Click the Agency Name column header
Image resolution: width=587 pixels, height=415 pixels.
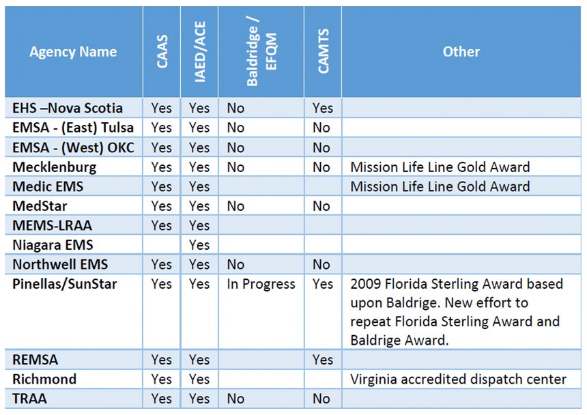click(73, 52)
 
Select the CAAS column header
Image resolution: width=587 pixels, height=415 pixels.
click(162, 52)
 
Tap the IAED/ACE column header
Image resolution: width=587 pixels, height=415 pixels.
click(199, 52)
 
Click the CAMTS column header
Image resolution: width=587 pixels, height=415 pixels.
click(323, 51)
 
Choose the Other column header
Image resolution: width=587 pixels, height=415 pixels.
click(461, 52)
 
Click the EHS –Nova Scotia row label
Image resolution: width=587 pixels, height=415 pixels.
click(68, 108)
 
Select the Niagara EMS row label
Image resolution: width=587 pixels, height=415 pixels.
click(53, 245)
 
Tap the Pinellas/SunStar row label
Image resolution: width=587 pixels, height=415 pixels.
click(65, 284)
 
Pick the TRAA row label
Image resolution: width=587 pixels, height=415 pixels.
click(29, 399)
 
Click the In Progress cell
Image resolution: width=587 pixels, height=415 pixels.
click(261, 284)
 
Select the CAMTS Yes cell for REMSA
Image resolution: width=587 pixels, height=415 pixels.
click(323, 360)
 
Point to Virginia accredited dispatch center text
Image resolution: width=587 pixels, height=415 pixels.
click(458, 379)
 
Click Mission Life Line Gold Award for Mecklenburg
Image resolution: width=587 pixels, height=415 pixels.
click(440, 167)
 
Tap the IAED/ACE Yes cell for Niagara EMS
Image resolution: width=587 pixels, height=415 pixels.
click(199, 245)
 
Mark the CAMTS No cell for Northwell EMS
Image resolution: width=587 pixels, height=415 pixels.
click(321, 265)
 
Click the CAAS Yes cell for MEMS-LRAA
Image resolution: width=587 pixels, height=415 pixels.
click(161, 226)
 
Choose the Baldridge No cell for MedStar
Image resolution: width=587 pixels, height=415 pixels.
click(235, 206)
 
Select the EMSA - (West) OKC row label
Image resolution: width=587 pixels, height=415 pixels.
click(73, 147)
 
